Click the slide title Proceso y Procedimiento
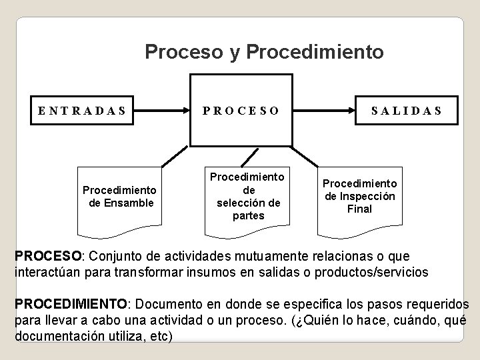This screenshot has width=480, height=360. coord(264,51)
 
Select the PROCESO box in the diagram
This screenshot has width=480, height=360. coord(241,110)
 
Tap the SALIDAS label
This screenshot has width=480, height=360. coord(407,111)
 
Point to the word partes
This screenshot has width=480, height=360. coord(248,216)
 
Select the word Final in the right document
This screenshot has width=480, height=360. coord(359,209)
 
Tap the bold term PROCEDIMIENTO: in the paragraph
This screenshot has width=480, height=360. coord(71,305)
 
